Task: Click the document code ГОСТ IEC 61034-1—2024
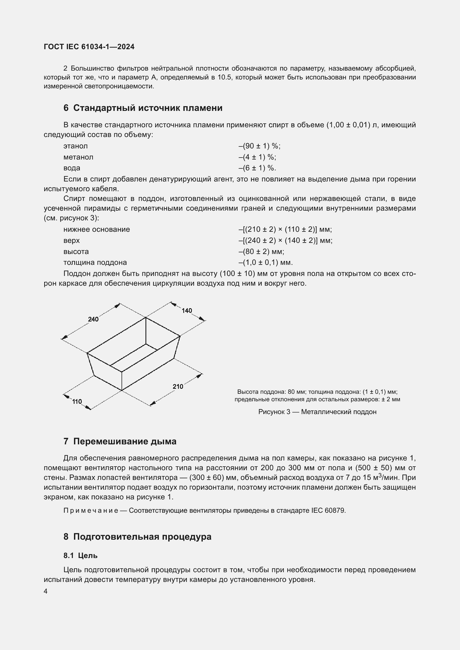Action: click(x=89, y=47)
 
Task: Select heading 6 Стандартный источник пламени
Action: click(x=143, y=108)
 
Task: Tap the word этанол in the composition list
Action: click(x=75, y=146)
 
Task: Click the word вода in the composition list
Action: click(x=72, y=168)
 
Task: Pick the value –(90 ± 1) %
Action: click(x=259, y=146)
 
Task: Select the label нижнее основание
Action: click(x=97, y=229)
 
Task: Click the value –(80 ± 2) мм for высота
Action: click(x=261, y=251)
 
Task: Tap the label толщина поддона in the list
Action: click(x=95, y=262)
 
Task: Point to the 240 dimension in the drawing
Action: click(x=93, y=319)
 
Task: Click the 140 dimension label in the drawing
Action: click(x=187, y=311)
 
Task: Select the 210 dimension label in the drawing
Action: click(x=178, y=387)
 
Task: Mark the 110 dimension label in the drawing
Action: click(x=77, y=402)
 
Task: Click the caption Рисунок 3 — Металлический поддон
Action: click(x=317, y=412)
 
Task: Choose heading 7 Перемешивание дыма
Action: click(x=120, y=441)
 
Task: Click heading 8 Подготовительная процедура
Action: click(x=137, y=537)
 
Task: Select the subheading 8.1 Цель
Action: click(x=80, y=556)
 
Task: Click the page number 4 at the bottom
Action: click(x=46, y=591)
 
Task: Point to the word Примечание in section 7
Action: click(x=91, y=510)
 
